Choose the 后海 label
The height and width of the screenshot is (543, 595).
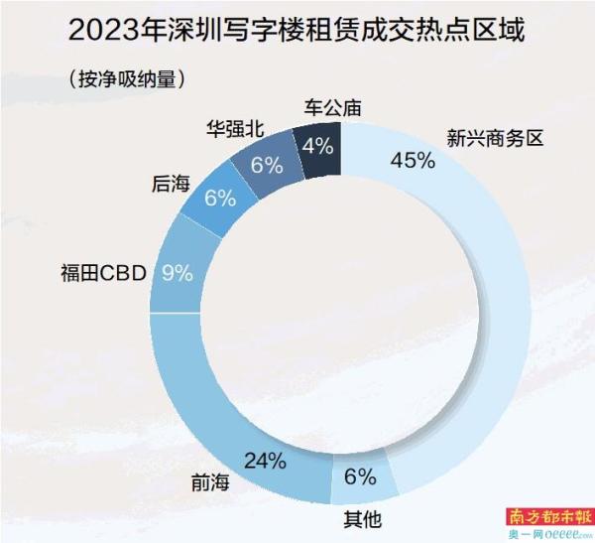point(172,184)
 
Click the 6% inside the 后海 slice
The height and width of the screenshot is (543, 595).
point(219,197)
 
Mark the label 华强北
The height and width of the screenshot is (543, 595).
point(233,129)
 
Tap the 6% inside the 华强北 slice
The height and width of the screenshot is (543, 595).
point(267,165)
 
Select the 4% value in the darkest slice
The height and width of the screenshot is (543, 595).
point(317,147)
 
